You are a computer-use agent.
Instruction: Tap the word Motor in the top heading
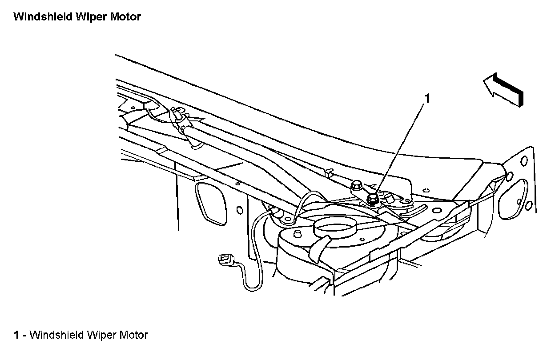coord(125,17)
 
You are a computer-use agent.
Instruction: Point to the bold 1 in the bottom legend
coord(16,335)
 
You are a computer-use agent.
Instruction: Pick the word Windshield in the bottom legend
coord(54,335)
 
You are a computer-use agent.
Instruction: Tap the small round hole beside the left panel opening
coord(240,209)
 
